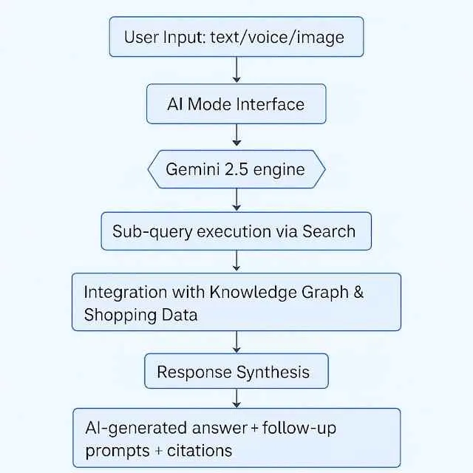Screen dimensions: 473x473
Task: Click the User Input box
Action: pyautogui.click(x=236, y=36)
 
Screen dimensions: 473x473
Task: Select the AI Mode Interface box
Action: pyautogui.click(x=236, y=103)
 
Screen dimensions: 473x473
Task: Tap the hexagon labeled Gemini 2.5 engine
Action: pyautogui.click(x=236, y=169)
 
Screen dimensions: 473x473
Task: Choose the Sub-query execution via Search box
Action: pyautogui.click(x=236, y=231)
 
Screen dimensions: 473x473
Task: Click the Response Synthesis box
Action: pyautogui.click(x=236, y=371)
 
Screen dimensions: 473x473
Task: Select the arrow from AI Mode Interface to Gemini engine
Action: pyautogui.click(x=236, y=135)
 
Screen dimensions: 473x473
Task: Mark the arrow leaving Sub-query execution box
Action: pyautogui.click(x=236, y=261)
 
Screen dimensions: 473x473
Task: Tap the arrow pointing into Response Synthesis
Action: pyautogui.click(x=236, y=341)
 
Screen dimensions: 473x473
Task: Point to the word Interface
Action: pyautogui.click(x=270, y=103)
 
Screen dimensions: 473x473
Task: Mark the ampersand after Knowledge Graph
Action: pyautogui.click(x=358, y=291)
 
